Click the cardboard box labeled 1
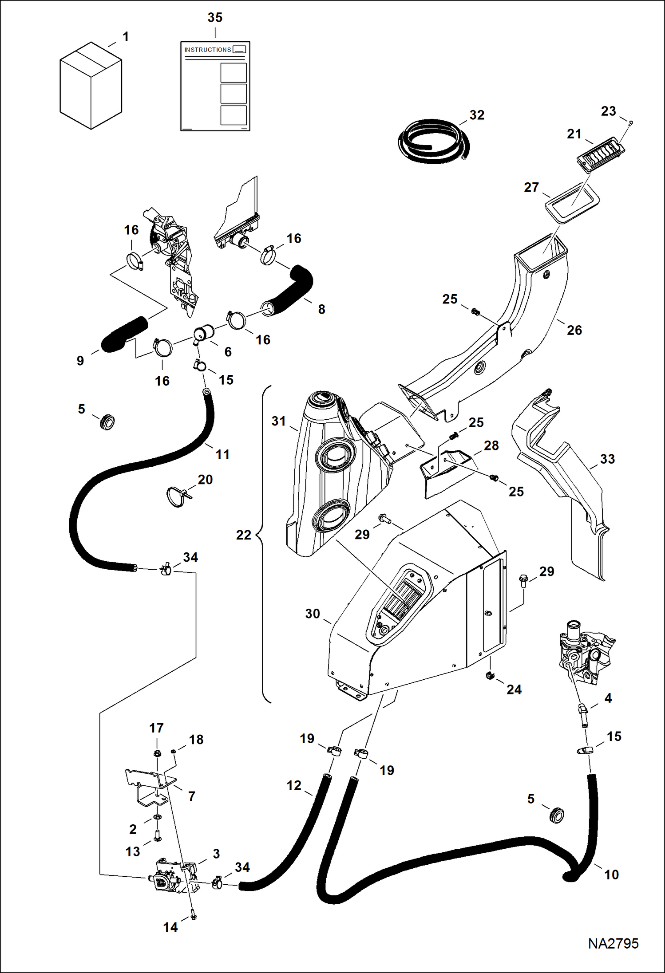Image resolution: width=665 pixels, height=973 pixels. click(x=91, y=87)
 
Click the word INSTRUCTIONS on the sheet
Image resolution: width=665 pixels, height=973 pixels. click(x=208, y=50)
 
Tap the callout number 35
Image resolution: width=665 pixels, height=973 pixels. click(x=215, y=18)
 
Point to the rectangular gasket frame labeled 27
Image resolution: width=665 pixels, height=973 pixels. click(x=572, y=202)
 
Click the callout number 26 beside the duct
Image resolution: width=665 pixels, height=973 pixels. click(x=574, y=330)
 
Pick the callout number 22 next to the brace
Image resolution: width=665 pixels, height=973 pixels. click(x=243, y=535)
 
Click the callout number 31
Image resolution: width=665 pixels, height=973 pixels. click(x=278, y=421)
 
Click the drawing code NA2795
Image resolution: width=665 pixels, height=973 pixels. click(x=613, y=943)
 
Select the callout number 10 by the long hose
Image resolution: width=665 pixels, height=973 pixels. click(x=611, y=875)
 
